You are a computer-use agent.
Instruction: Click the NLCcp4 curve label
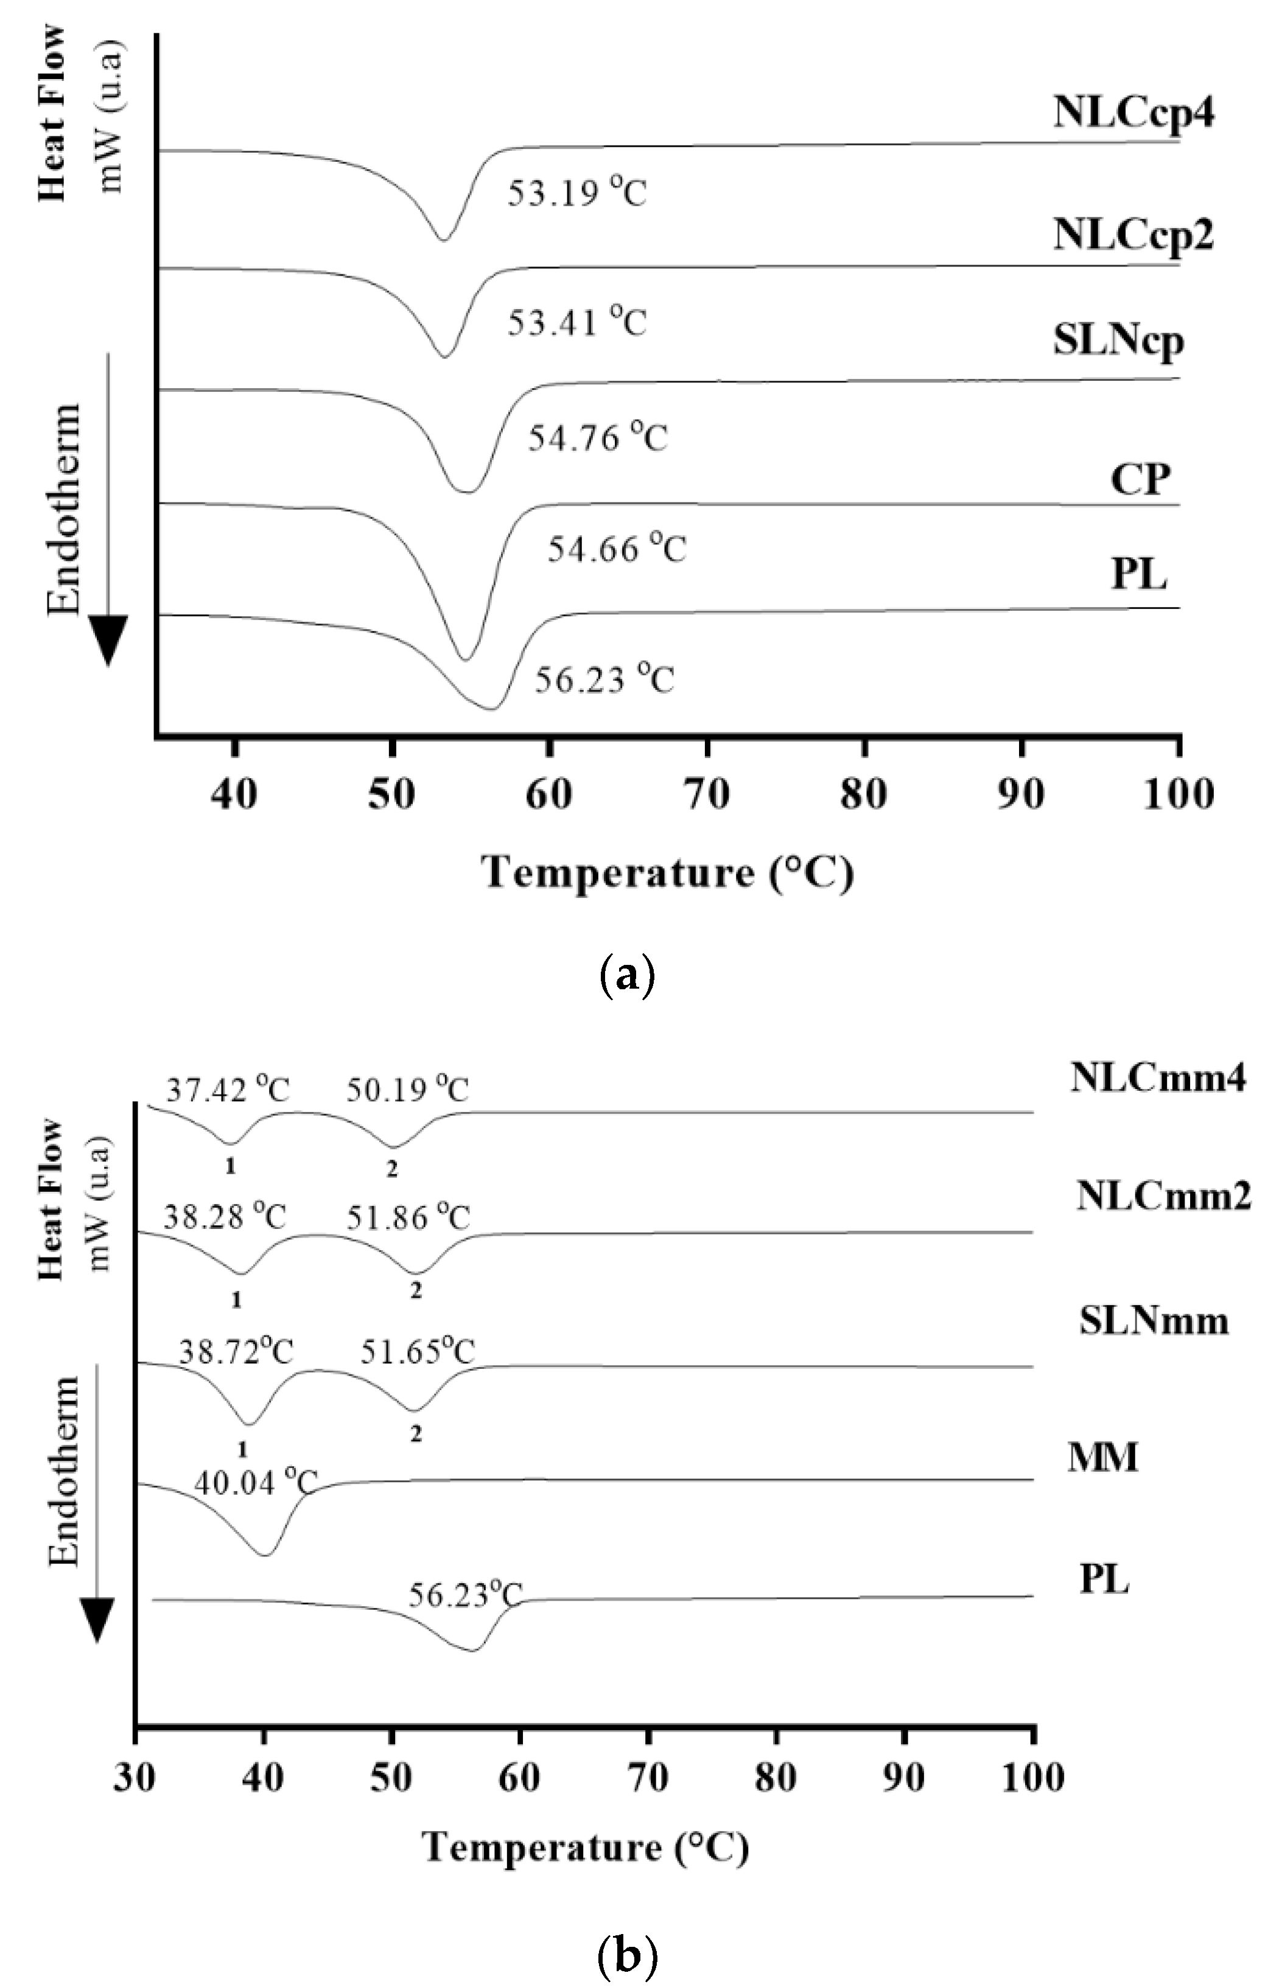pos(1133,113)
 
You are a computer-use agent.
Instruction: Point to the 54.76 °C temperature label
pos(597,437)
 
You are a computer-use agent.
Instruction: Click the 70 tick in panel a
pos(707,795)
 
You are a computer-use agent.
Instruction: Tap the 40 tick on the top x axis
pos(235,795)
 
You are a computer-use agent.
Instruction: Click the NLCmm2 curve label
pos(1163,1197)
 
